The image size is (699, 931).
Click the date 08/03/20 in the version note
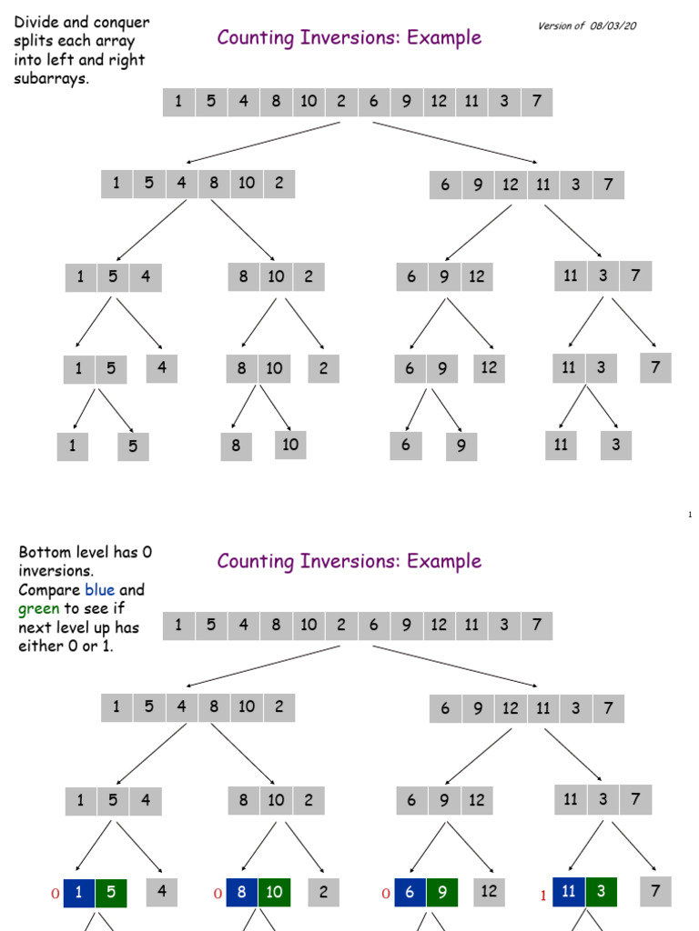pyautogui.click(x=613, y=25)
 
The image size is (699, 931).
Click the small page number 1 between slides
pyautogui.click(x=690, y=516)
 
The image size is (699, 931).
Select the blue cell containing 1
pyautogui.click(x=78, y=893)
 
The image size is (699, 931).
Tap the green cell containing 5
pyautogui.click(x=110, y=893)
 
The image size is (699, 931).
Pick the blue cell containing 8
pyautogui.click(x=242, y=893)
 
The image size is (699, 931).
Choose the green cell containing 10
pyautogui.click(x=275, y=893)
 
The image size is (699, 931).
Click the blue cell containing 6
pyautogui.click(x=410, y=893)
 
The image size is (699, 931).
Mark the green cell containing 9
pyautogui.click(x=442, y=893)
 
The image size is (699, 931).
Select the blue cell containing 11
pyautogui.click(x=569, y=894)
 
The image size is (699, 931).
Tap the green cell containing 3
pyautogui.click(x=602, y=894)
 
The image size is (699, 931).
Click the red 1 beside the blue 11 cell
pyautogui.click(x=543, y=896)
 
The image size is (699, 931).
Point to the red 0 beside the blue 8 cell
pyautogui.click(x=218, y=895)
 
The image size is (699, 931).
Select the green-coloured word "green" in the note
pyautogui.click(x=38, y=608)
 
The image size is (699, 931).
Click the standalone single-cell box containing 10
pyautogui.click(x=290, y=445)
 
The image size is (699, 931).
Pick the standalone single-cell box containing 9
pyautogui.click(x=461, y=446)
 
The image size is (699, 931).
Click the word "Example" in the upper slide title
pyautogui.click(x=444, y=37)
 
